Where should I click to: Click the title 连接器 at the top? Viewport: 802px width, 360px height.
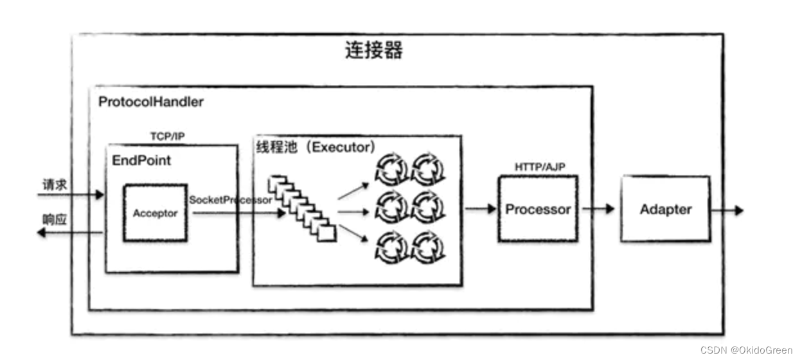tap(374, 51)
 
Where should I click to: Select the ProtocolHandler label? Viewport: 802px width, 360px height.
tap(151, 102)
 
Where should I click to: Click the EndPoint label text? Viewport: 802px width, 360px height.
tap(141, 160)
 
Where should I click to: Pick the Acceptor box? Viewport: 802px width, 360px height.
tap(155, 213)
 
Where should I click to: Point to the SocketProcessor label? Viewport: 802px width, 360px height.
tap(230, 200)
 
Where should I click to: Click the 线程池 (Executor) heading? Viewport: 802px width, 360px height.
tap(315, 147)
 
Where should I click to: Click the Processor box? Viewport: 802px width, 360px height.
tap(538, 210)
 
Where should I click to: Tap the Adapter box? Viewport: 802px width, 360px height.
tap(665, 210)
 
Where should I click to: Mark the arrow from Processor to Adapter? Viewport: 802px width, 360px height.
tap(598, 210)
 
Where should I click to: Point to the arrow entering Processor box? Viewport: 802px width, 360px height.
tap(481, 209)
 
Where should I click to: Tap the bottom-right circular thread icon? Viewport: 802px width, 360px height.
tap(428, 248)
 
